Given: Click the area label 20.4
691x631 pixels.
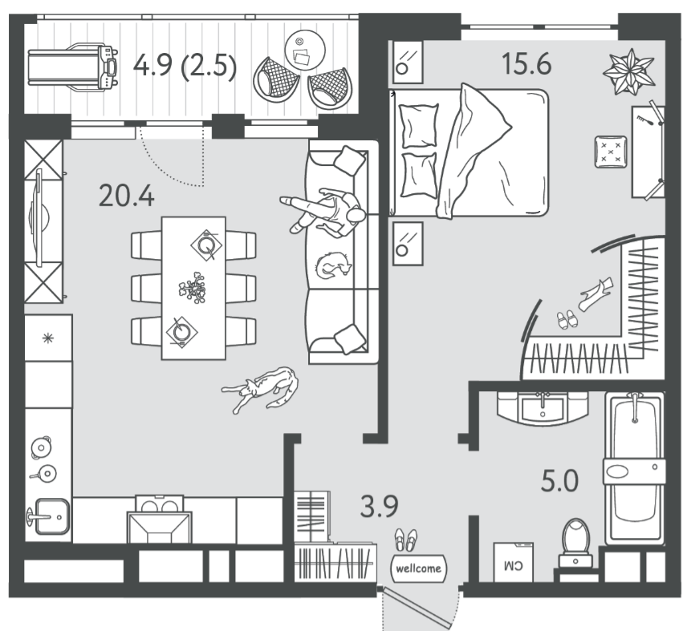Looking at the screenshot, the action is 127,196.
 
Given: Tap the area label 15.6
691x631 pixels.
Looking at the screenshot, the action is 526,63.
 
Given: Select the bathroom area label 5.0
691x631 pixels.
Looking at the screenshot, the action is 559,481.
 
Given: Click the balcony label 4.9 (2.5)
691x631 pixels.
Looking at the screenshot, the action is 185,67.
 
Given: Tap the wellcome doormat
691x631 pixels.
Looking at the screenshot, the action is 419,568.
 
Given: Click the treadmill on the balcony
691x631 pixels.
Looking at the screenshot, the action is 73,67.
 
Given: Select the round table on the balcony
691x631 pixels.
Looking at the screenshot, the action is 305,50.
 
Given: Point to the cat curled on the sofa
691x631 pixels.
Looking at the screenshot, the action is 333,265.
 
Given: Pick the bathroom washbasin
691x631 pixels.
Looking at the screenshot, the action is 543,408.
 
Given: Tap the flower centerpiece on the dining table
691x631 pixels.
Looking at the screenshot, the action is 193,289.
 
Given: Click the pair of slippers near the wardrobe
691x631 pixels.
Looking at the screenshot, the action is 567,319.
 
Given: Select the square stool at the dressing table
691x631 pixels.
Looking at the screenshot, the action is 611,152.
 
